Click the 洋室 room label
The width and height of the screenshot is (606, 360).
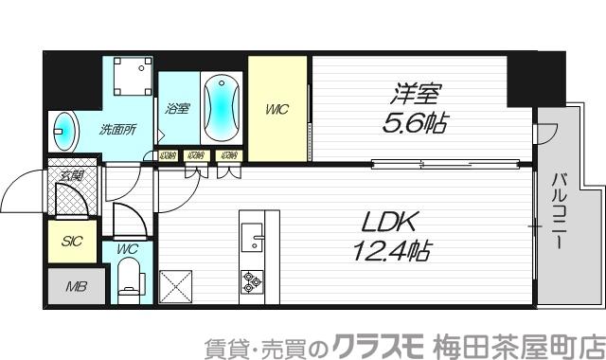pyautogui.click(x=418, y=95)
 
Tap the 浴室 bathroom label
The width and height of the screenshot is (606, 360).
pyautogui.click(x=177, y=109)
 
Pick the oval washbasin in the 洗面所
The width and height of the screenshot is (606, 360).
pyautogui.click(x=65, y=128)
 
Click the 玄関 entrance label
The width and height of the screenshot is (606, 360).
pyautogui.click(x=71, y=175)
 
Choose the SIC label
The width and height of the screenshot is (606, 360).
pyautogui.click(x=72, y=241)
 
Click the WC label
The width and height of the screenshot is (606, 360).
pyautogui.click(x=128, y=249)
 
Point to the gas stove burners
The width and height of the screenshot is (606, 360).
pyautogui.click(x=252, y=281)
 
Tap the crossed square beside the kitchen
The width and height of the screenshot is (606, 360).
pyautogui.click(x=176, y=286)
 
